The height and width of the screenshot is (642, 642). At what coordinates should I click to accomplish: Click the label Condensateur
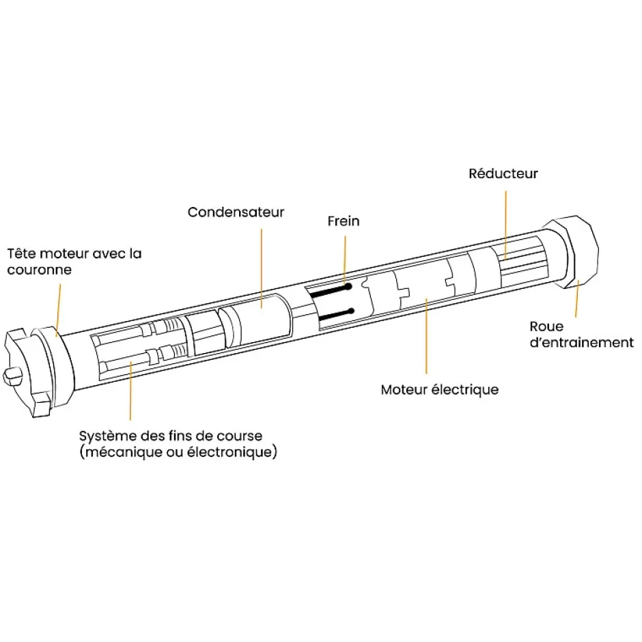tap(236, 212)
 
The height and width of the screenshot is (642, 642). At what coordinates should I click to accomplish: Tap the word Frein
tap(343, 221)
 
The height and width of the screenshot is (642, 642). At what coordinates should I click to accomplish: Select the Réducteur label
tap(503, 173)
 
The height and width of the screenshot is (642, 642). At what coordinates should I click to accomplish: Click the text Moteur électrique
tap(439, 390)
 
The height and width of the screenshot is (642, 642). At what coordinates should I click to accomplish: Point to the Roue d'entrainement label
tap(581, 335)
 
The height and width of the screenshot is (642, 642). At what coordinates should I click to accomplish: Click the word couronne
tap(39, 270)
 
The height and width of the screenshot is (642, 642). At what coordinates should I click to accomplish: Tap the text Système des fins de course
tap(170, 436)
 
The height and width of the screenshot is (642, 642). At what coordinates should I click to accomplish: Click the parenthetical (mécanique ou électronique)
tap(178, 452)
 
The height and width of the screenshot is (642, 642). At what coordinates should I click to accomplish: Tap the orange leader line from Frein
tap(345, 256)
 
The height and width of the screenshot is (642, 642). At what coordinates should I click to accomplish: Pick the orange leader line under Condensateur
tap(261, 266)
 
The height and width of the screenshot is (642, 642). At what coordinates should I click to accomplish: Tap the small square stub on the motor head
tap(14, 375)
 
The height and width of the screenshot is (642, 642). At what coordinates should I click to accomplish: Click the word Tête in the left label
tap(20, 253)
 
